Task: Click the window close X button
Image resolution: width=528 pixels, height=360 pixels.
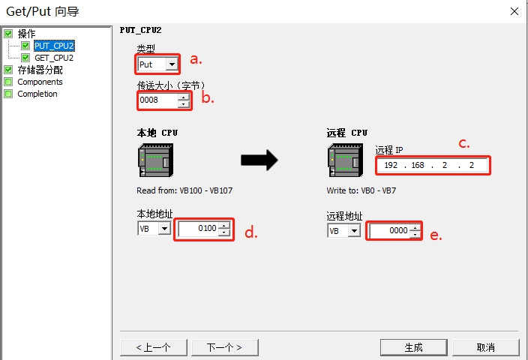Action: (514, 11)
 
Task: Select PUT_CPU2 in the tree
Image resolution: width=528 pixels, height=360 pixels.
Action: (54, 46)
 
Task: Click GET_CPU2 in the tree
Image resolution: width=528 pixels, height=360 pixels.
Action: (54, 58)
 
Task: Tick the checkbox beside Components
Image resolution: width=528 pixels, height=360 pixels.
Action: (9, 82)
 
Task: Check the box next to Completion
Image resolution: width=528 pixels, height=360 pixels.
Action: (9, 94)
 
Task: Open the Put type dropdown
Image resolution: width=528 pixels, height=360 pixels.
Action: (172, 64)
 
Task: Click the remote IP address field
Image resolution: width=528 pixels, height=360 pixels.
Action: (433, 165)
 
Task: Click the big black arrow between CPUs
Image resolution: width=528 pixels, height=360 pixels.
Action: (259, 159)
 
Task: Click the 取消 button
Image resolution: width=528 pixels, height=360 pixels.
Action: (485, 347)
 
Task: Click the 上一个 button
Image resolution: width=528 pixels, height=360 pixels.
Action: (153, 347)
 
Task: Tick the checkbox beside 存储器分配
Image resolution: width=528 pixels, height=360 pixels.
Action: (9, 70)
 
